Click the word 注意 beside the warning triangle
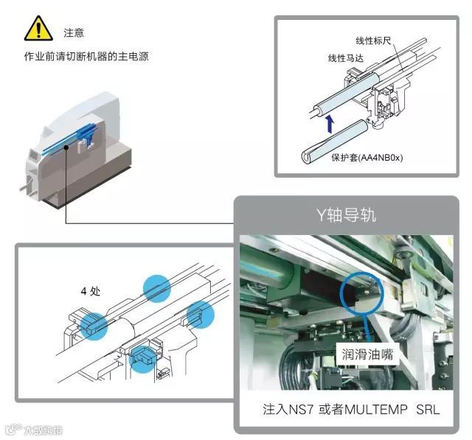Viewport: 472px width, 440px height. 74,32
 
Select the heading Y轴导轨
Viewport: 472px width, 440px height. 346,216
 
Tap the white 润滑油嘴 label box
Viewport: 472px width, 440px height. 367,354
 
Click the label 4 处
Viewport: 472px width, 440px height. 90,290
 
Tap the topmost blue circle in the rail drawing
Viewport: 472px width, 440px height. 156,287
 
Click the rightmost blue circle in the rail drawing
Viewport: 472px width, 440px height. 200,315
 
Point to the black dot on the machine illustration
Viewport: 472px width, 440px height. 66,147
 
